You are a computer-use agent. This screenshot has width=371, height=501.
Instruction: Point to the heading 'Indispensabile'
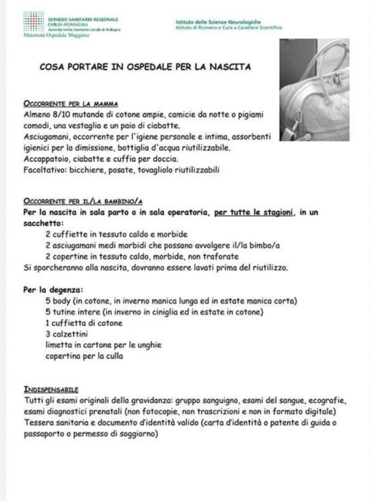[x=51, y=390]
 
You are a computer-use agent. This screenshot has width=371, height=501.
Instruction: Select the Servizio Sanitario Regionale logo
[x=32, y=19]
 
